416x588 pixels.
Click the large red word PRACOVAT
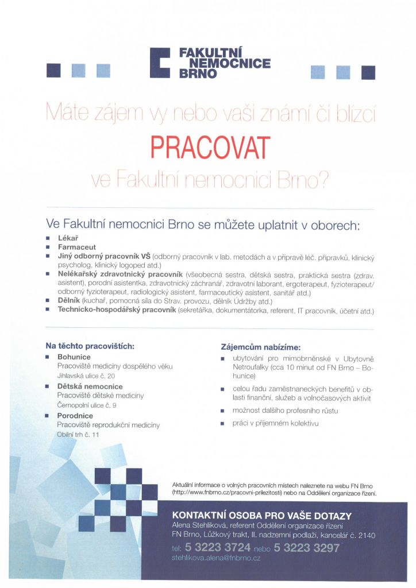coord(210,148)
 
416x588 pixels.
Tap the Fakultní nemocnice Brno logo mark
coord(160,62)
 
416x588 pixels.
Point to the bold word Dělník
coord(69,301)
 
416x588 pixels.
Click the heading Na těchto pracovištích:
coord(90,346)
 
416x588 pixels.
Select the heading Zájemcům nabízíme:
coord(260,347)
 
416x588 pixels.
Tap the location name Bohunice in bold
coord(74,357)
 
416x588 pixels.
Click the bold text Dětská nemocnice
coord(90,386)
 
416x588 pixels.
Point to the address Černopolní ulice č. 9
coord(87,405)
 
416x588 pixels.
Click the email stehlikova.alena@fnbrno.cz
coord(216,558)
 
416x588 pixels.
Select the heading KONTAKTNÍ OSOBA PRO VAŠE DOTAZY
coord(262,516)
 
